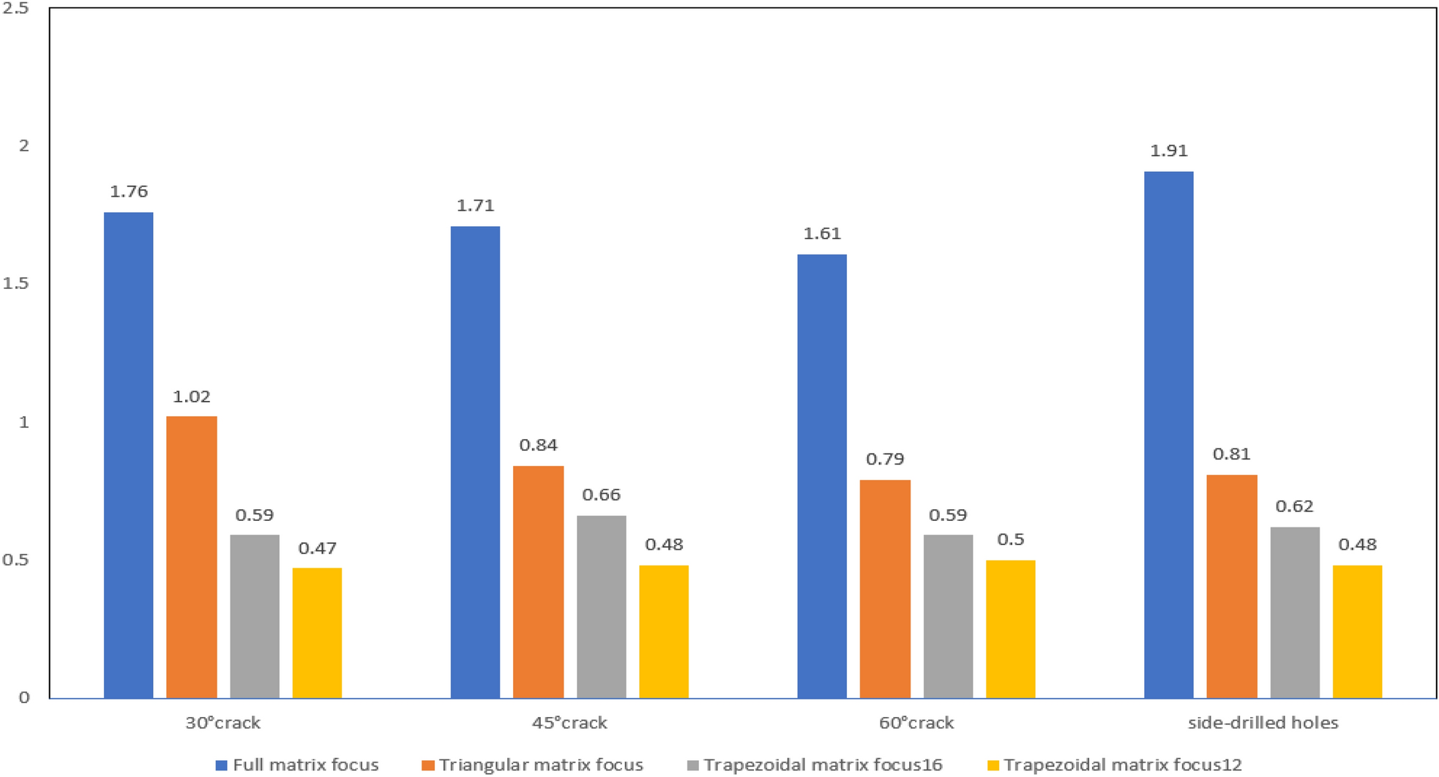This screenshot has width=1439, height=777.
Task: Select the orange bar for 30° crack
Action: click(x=191, y=557)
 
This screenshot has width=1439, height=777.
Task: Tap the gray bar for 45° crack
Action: click(x=601, y=607)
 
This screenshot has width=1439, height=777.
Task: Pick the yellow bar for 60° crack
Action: click(x=1010, y=628)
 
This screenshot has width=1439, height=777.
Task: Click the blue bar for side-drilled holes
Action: click(x=1168, y=435)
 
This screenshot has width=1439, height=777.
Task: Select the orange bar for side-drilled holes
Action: click(x=1231, y=586)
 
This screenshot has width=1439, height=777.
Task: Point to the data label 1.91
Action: click(x=1168, y=151)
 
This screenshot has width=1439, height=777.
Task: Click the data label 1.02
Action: click(x=191, y=397)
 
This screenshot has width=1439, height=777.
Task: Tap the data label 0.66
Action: click(x=601, y=495)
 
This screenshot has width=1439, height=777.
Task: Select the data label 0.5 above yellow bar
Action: click(x=1010, y=540)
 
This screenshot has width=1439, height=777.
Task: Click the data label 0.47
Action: click(x=317, y=548)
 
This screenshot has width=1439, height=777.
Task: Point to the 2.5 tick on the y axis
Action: click(x=16, y=9)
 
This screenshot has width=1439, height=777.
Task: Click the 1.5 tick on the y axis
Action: click(x=16, y=284)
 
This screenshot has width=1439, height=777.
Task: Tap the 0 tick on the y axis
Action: click(x=24, y=698)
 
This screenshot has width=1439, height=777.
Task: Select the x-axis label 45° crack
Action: click(x=569, y=724)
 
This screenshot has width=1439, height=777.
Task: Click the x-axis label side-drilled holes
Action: click(x=1263, y=724)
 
